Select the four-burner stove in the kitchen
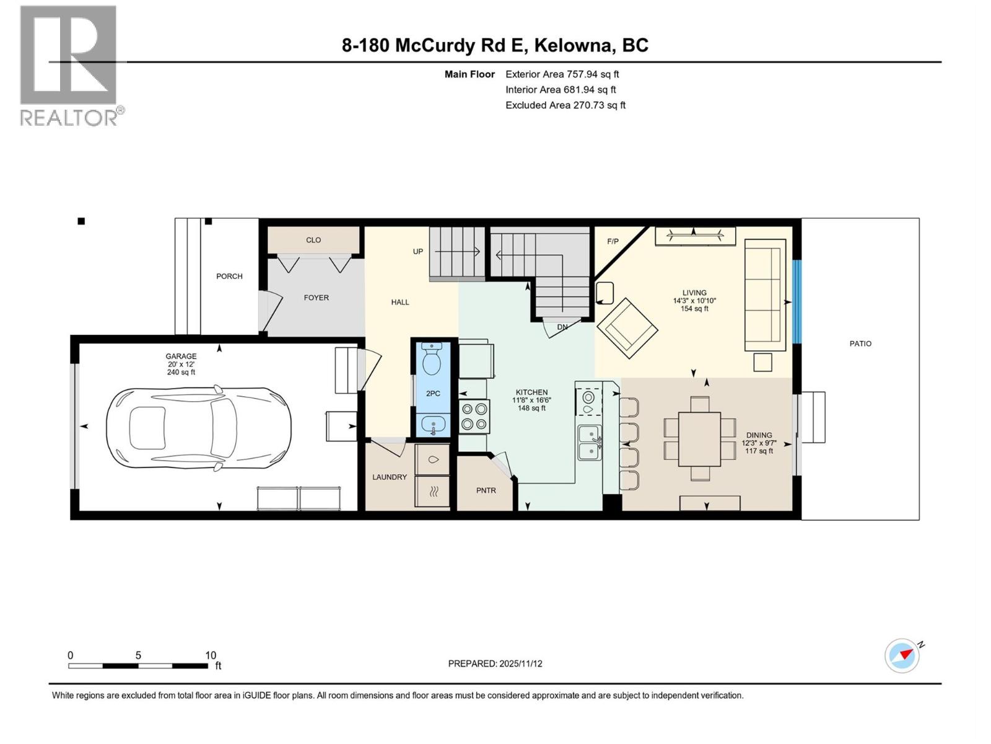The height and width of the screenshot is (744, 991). coord(474,416)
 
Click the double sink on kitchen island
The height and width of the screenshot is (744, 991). coord(590,443)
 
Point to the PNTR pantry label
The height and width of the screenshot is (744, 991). coord(486,490)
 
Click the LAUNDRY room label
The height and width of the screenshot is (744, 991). coord(390,477)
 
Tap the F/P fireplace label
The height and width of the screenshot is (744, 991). coord(613,241)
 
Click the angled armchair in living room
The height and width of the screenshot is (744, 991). coord(627,328)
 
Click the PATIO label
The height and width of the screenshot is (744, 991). coord(860,343)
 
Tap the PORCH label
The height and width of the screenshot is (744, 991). coord(229,277)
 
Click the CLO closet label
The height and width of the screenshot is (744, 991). coord(313,240)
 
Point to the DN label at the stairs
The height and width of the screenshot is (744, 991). coord(562,327)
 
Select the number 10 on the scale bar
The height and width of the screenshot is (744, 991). coord(211,655)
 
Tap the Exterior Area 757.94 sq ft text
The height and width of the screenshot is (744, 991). coord(562,74)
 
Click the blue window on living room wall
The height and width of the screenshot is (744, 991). coord(797,302)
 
